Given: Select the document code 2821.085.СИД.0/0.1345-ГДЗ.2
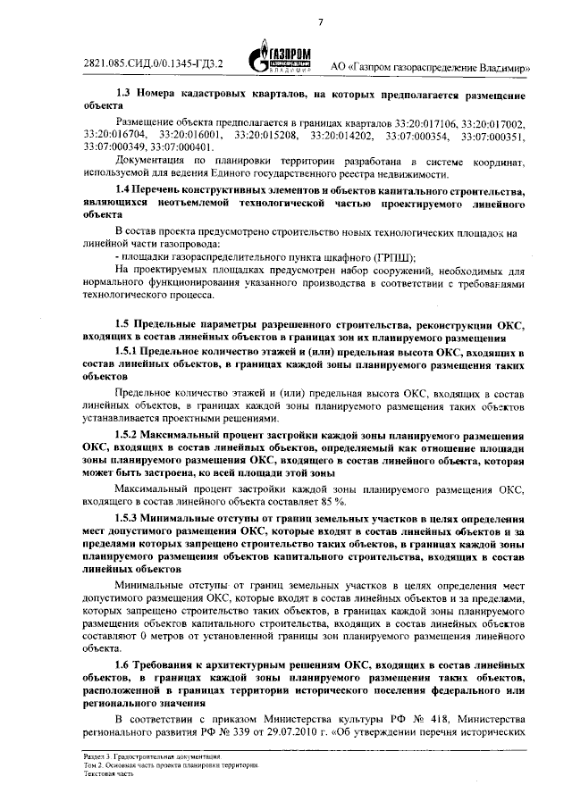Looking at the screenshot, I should [x=153, y=64].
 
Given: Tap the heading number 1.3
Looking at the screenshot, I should [x=126, y=93].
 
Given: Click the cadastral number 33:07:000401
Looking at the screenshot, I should [x=182, y=146].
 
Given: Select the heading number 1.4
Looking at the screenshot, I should [x=126, y=190].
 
